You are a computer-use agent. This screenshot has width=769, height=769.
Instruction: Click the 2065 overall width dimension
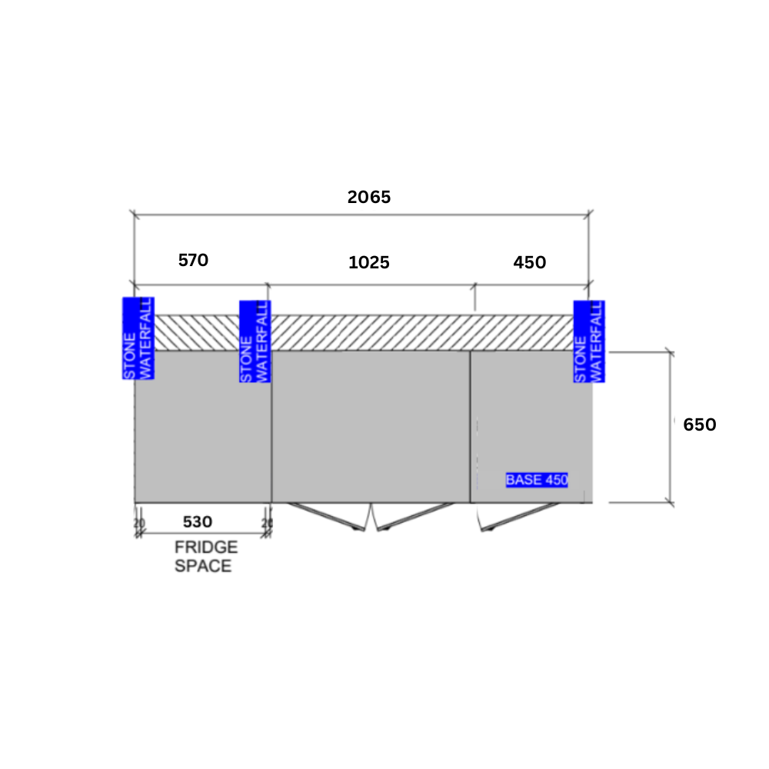click(369, 197)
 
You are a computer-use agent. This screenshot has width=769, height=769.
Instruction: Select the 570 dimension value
click(193, 260)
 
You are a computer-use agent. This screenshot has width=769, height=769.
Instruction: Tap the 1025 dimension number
click(369, 262)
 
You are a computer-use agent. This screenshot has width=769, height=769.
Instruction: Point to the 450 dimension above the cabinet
click(530, 262)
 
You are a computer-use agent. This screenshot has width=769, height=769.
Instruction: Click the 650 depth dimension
click(700, 424)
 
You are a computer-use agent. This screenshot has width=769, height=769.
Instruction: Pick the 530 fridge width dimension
click(198, 522)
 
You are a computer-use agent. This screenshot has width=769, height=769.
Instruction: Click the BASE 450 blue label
click(537, 480)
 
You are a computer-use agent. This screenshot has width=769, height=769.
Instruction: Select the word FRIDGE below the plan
click(206, 547)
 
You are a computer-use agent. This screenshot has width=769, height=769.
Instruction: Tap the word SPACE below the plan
click(203, 566)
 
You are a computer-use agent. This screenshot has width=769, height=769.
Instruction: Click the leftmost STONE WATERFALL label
click(138, 338)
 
